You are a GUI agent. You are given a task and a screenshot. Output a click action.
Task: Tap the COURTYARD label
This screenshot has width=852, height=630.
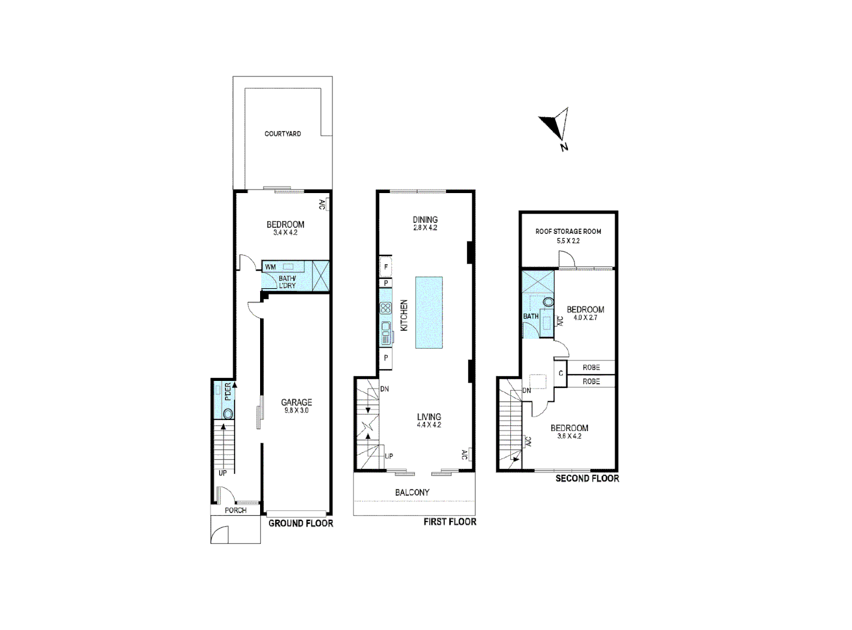coord(283,134)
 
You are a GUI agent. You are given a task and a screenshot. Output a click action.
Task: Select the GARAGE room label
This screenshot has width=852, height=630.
coord(296,402)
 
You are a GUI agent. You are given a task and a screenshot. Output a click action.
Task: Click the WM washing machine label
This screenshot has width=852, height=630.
coord(270,267)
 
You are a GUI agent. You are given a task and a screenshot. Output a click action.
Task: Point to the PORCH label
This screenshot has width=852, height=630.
coord(236,510)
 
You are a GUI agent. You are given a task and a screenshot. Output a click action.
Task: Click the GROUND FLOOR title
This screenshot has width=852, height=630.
coord(300,523)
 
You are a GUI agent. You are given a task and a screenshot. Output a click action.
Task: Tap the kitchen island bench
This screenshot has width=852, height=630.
coord(429,313)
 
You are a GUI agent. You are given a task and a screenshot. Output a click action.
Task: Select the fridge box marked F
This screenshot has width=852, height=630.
coord(385,267)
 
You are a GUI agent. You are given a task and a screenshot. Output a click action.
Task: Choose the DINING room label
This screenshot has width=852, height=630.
coord(425,219)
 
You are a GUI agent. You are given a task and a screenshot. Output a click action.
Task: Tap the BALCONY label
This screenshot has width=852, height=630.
coord(412,492)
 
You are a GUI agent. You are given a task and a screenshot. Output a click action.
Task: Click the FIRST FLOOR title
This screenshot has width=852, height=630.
coord(450,521)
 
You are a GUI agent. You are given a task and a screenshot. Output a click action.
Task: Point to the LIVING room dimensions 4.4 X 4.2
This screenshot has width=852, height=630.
coord(429,425)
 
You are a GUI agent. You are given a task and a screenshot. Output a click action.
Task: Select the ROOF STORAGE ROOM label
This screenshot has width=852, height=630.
coord(568,232)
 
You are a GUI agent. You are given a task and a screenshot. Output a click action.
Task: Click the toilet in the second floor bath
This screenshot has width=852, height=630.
coord(548,302)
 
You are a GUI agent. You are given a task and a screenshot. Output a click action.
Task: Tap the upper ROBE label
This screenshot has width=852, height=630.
coord(591,367)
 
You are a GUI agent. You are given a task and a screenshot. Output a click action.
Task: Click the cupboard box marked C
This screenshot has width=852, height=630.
coord(561,373)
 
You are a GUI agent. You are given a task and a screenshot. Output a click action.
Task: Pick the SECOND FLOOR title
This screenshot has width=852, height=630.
coord(587,478)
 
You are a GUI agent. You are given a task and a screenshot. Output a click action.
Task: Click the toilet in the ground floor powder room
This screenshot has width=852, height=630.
coord(227,414)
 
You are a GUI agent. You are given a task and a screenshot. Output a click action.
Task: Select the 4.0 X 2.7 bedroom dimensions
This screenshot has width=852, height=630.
coord(585,318)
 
